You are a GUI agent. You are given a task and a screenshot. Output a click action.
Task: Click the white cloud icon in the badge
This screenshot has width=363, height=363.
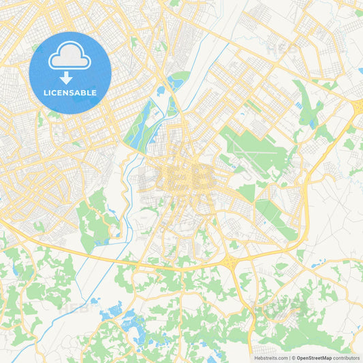(69, 59)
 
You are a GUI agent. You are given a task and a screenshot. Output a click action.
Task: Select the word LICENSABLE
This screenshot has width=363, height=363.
(69, 93)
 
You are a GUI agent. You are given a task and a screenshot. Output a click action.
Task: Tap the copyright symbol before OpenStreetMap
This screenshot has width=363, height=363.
(293, 358)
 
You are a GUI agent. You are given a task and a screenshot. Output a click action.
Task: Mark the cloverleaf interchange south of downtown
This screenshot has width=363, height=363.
(232, 262)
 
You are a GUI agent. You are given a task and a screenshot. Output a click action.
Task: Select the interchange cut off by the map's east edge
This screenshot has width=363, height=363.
(357, 106)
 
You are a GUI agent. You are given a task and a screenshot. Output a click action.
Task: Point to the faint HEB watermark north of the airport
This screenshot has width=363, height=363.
(282, 49)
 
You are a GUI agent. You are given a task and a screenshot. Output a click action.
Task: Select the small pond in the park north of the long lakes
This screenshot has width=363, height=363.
(161, 89)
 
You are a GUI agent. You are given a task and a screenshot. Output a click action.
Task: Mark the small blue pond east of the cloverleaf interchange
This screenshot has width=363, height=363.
(314, 265)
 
